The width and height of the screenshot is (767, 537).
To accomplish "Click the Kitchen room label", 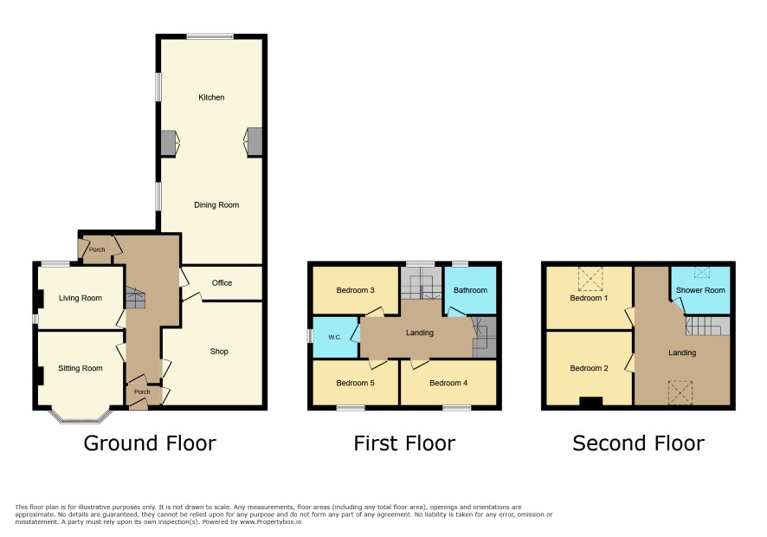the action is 211,97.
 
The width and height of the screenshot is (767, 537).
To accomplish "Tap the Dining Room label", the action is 216,205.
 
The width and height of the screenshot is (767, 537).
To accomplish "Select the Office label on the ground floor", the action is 222,283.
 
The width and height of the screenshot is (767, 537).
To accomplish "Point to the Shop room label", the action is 219,352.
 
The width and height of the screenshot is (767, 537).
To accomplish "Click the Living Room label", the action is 81,298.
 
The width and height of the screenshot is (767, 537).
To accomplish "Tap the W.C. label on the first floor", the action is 334,337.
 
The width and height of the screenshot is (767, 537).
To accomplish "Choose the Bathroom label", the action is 470,290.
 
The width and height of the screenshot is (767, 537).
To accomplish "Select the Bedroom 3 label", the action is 355,290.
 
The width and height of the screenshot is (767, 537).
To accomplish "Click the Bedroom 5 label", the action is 355,383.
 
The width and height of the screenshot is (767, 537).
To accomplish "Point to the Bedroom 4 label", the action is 448,383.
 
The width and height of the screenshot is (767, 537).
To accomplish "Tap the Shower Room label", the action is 700,290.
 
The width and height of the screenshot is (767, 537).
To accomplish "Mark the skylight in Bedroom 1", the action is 590,279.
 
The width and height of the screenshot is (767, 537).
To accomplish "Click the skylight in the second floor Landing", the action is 680,392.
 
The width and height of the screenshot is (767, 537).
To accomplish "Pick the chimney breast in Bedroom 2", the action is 591,401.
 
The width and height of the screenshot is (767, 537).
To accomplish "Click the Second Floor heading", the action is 638,443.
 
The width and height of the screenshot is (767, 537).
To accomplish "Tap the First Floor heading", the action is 404,443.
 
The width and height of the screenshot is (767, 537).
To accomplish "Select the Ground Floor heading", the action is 150,443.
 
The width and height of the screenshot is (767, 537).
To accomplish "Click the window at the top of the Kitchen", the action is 209,36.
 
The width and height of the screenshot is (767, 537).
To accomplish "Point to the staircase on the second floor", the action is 707,326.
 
